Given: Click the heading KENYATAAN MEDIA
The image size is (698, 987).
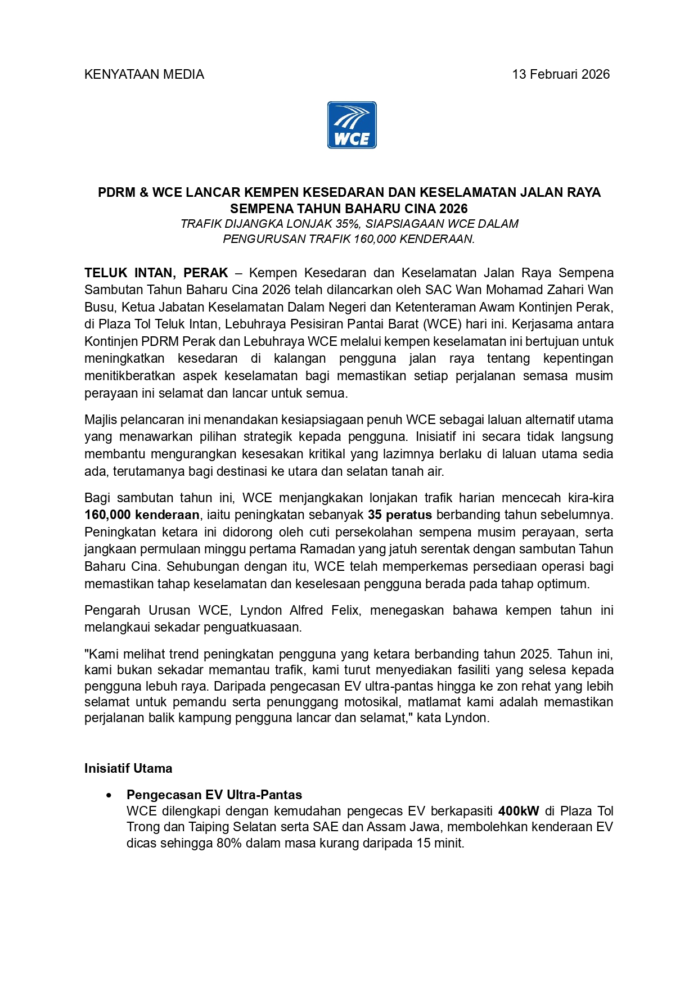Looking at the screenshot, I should tap(144, 75).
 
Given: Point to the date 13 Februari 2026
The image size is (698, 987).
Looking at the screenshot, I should tap(561, 75).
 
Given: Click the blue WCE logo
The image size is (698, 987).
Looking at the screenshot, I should tap(352, 125).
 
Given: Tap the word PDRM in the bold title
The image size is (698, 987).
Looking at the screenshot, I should tap(116, 193).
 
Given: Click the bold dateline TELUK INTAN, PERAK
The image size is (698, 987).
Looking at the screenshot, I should tap(156, 273).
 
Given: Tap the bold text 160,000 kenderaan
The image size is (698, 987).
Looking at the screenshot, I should tap(142, 515).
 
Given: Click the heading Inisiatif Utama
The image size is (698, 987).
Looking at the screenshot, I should tap(128, 768).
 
